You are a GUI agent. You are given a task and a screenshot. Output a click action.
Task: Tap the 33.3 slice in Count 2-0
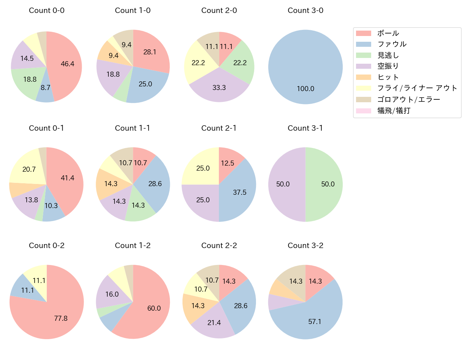(x=219, y=87)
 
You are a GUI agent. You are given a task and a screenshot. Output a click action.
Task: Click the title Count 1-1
(x=132, y=128)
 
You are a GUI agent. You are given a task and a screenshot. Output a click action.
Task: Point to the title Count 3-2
(x=305, y=246)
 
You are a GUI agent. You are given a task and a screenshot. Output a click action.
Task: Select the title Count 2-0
(x=219, y=10)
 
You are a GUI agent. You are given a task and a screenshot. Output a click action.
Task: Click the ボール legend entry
(x=388, y=33)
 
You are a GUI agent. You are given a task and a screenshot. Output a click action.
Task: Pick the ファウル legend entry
(x=392, y=44)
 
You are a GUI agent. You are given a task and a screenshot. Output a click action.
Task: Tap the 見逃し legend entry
(x=388, y=55)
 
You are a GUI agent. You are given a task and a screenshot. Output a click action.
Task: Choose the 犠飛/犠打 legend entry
(x=393, y=111)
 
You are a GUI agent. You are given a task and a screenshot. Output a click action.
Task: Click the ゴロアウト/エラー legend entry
(x=408, y=99)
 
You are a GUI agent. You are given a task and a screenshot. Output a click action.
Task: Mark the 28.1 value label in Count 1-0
(x=150, y=52)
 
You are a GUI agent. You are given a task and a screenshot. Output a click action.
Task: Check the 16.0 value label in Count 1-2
(x=112, y=294)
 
